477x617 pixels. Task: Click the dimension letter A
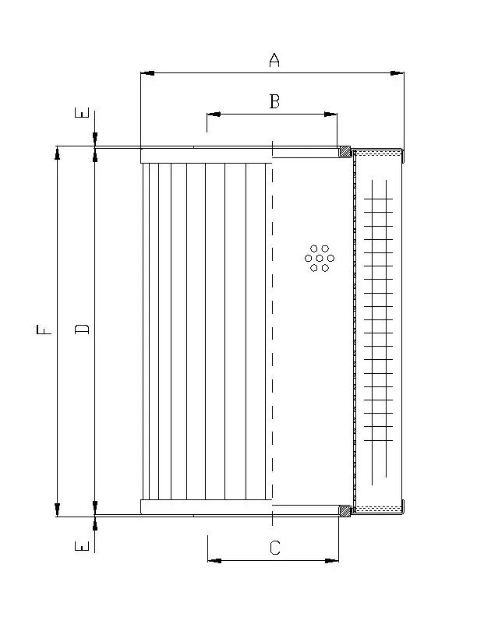274,60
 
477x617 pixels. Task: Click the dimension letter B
274,101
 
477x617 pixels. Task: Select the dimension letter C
274,548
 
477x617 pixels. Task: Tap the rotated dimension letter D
82,329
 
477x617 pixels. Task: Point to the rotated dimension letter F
44,330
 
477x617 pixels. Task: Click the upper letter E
82,112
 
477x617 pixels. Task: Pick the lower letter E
82,546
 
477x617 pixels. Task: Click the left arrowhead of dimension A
147,73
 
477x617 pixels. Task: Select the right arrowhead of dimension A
397,73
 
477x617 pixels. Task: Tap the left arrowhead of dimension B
214,115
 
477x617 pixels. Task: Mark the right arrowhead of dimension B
330,115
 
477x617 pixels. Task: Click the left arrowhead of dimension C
214,560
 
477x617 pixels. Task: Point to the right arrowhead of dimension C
332,560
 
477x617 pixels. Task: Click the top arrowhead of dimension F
58,153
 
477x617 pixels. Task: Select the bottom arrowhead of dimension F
58,509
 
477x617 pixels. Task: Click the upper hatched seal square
345,151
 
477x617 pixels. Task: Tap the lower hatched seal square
345,511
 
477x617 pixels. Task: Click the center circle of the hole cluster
320,258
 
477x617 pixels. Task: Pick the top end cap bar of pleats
207,156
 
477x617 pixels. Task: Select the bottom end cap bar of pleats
207,507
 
